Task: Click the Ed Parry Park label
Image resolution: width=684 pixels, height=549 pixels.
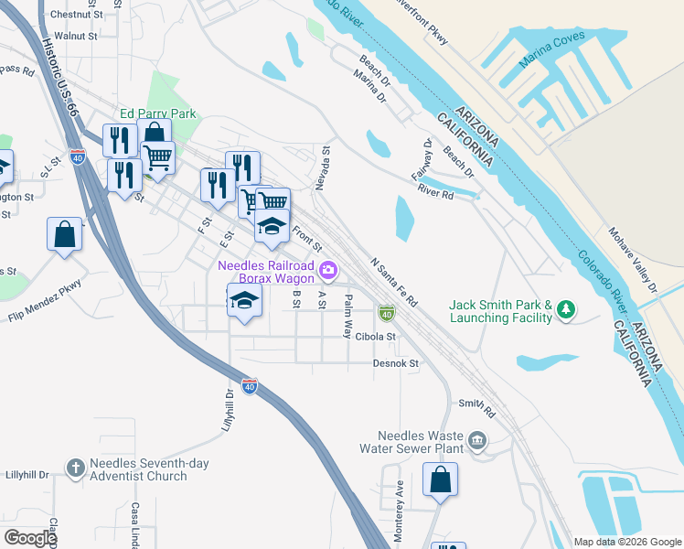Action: coord(158,114)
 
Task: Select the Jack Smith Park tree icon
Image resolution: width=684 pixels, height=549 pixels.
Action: coord(567,310)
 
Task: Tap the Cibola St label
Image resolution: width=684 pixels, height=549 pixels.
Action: coord(375,337)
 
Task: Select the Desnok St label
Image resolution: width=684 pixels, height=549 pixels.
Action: coord(395,363)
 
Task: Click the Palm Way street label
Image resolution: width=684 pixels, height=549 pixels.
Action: coord(347,316)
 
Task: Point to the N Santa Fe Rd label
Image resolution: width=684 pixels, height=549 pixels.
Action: coord(394,281)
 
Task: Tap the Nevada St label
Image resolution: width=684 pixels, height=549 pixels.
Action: coord(322,167)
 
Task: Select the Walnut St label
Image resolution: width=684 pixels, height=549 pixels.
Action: coord(76,37)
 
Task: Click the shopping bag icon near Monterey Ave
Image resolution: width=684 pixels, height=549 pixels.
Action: coord(440,480)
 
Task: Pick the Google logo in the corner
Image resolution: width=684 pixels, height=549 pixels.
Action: coord(30,538)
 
